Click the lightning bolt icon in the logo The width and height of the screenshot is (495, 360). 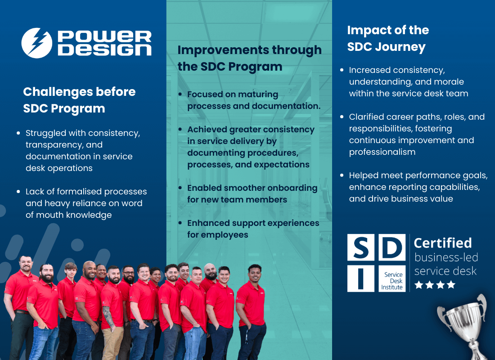37,43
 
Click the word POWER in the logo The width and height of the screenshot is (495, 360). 104,36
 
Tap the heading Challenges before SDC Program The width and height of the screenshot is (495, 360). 79,100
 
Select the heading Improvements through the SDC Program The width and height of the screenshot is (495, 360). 249,58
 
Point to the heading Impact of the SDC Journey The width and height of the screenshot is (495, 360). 387,39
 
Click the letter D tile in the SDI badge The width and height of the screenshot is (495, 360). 392,247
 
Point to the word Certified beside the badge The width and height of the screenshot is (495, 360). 442,243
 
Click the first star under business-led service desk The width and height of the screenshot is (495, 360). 418,285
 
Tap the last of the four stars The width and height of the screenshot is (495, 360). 451,285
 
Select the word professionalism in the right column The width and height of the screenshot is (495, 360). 382,152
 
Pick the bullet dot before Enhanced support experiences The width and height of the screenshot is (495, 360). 181,223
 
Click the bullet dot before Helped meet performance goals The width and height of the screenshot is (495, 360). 342,175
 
